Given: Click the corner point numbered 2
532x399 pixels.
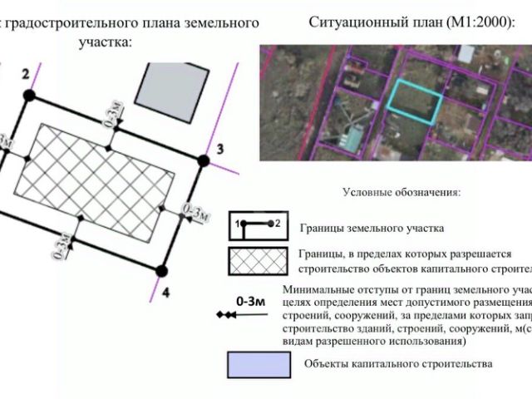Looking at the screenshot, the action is tap(29, 96).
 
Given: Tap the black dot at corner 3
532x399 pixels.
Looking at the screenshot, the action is tap(203, 160).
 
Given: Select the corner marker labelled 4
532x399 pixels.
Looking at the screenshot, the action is tap(163, 268).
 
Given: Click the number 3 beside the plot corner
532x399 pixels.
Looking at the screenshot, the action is tap(219, 150).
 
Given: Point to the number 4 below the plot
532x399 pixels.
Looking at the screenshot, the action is tap(166, 292).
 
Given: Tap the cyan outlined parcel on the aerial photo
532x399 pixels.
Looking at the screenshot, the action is tap(416, 102).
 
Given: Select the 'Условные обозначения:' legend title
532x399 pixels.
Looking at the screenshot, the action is tap(401, 192).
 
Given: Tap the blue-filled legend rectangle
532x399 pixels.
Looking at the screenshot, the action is tap(259, 364).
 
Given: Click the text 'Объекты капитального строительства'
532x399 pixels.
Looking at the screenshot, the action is tap(398, 364).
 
